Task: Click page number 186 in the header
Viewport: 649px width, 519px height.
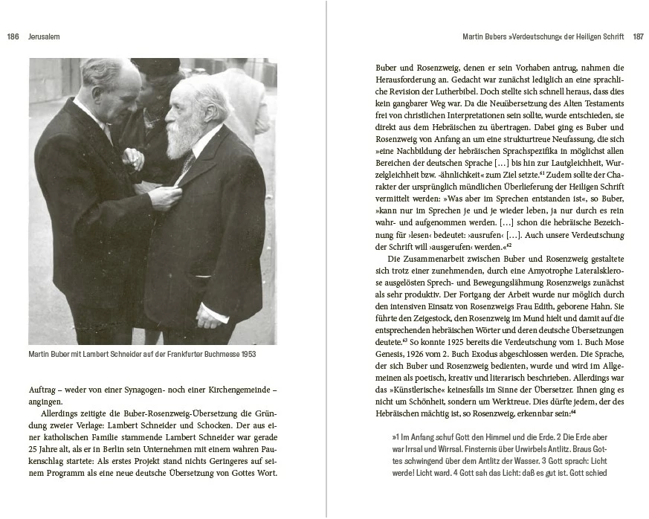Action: pos(13,36)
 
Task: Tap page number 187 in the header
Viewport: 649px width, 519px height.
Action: pos(638,36)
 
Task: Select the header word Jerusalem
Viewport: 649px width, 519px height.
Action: pos(43,36)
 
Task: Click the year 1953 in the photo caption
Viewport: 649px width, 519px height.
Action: pos(247,355)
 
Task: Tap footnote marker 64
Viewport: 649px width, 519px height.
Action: pos(574,410)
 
